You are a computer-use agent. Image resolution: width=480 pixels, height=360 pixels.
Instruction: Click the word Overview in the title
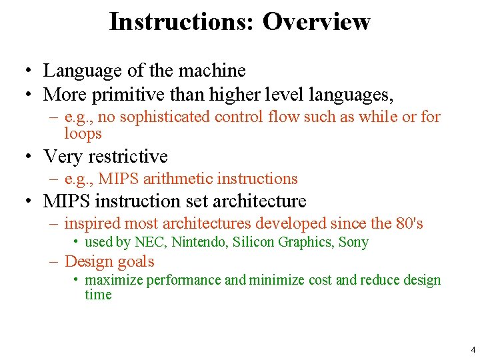tap(316, 21)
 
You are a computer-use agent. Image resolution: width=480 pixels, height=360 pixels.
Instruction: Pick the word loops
tap(83, 133)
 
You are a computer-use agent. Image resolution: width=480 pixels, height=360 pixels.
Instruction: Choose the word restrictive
tap(126, 157)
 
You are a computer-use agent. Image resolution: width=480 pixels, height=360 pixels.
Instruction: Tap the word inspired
tap(92, 223)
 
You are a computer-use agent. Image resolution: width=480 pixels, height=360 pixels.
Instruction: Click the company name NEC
tap(150, 242)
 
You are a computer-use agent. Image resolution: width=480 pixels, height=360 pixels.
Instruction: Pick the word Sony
tap(353, 242)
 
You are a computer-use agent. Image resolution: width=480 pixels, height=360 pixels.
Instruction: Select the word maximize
tap(114, 279)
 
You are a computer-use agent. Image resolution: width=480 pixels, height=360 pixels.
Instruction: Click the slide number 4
tap(473, 349)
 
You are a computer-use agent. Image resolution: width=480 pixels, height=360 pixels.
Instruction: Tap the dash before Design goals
tap(54, 261)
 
